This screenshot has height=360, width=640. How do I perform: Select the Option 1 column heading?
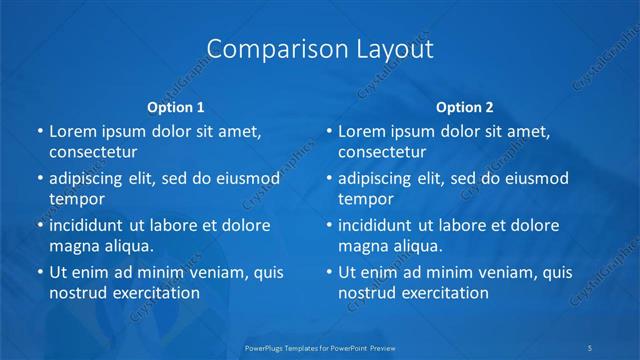tap(176, 107)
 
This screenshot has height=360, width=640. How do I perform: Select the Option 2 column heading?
tap(465, 107)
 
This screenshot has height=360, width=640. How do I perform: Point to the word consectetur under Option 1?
tap(93, 152)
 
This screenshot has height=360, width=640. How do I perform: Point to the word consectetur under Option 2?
tap(382, 152)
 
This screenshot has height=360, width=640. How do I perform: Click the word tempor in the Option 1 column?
tap(77, 199)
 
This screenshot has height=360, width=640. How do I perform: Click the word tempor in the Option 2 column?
tap(366, 199)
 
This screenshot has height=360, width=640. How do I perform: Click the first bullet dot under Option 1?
tap(38, 131)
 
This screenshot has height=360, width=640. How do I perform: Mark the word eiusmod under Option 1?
tap(246, 178)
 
